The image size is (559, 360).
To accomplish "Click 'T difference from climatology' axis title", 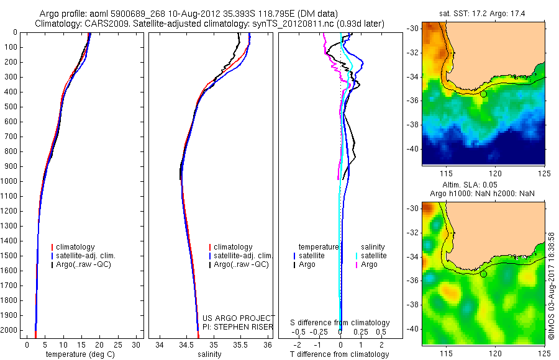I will [339, 354].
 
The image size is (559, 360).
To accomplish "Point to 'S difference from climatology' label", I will [340, 323].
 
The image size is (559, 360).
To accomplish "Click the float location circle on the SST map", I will [483, 94].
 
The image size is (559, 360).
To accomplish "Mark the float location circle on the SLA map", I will [483, 274].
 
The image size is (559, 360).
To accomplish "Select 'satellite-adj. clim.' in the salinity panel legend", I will [243, 256].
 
